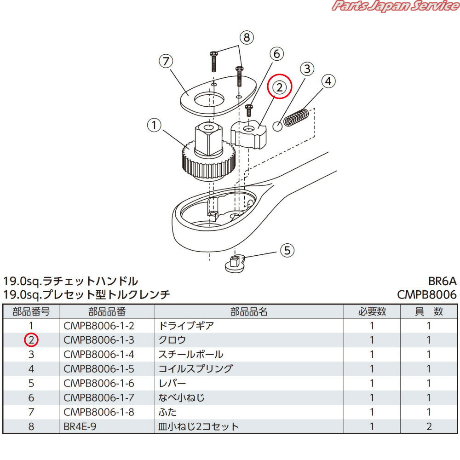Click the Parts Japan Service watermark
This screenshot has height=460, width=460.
pyautogui.click(x=394, y=6)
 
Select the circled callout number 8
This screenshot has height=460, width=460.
pyautogui.click(x=247, y=37)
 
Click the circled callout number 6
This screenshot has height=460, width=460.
pyautogui.click(x=277, y=54)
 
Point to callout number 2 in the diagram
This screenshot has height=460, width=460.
pyautogui.click(x=281, y=87)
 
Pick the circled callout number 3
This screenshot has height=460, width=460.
pyautogui.click(x=307, y=69)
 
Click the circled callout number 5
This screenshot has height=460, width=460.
pyautogui.click(x=287, y=250)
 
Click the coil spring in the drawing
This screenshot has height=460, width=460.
pyautogui.click(x=295, y=118)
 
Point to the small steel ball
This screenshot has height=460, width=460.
pyautogui.click(x=277, y=126)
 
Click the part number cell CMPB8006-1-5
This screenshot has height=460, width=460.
pyautogui.click(x=99, y=369)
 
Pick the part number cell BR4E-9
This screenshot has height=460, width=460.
pyautogui.click(x=80, y=426)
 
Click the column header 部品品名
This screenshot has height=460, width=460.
pyautogui.click(x=249, y=311)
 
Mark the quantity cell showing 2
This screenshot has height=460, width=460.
pyautogui.click(x=429, y=426)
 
